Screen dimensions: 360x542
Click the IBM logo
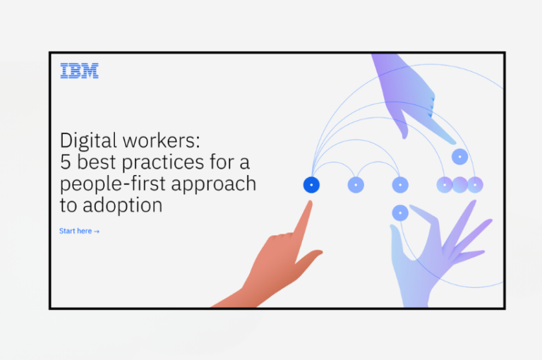tap(79, 71)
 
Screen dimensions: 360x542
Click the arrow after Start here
tap(97, 232)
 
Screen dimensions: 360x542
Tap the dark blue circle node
tap(311, 185)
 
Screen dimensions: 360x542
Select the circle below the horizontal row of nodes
tap(400, 212)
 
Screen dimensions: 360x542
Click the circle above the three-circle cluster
tap(460, 156)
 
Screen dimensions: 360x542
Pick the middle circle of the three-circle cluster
tap(459, 185)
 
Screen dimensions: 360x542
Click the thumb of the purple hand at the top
tap(402, 131)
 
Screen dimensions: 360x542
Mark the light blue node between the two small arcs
tap(356, 185)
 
